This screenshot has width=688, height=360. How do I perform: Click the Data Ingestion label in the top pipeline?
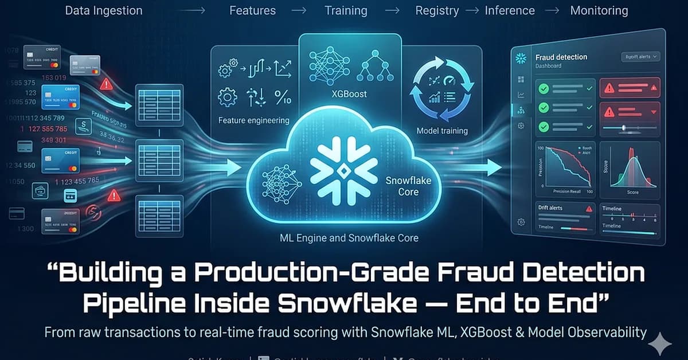tap(104, 10)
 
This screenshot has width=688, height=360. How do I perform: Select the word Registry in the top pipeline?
tap(437, 10)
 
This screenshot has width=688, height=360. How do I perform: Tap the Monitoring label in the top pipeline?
tap(599, 10)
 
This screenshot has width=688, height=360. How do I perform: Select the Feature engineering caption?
tap(253, 121)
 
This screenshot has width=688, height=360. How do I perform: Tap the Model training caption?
tap(442, 131)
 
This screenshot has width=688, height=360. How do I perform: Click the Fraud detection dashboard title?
tap(561, 57)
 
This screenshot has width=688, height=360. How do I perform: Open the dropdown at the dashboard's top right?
tap(640, 57)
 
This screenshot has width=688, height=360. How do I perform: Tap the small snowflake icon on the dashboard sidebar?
tap(521, 58)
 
